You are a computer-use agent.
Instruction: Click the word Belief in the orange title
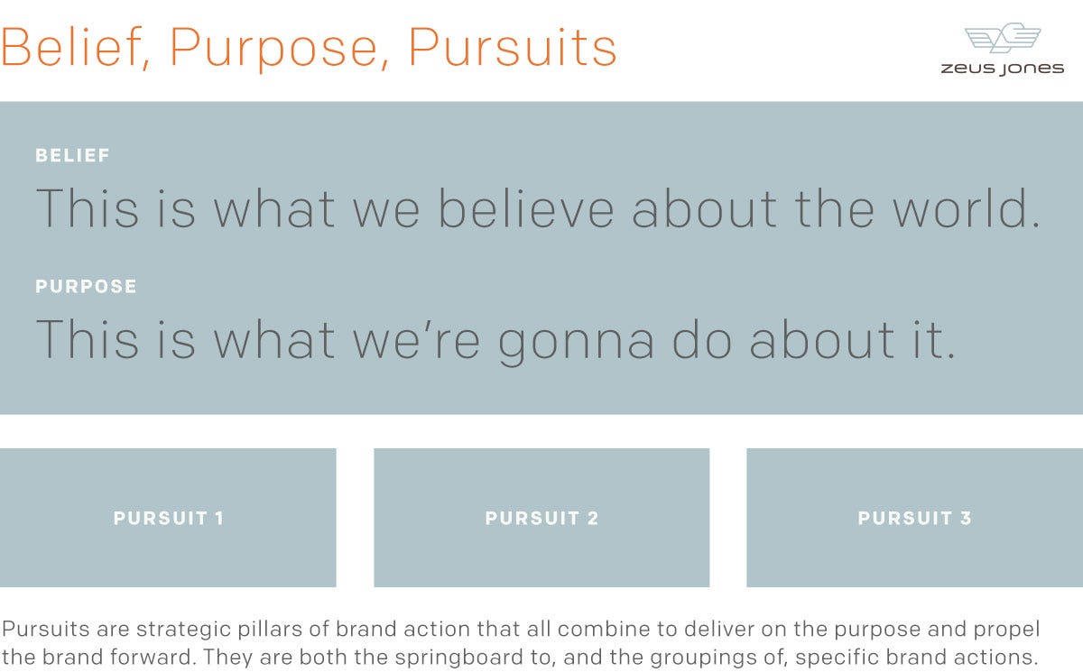(x=71, y=47)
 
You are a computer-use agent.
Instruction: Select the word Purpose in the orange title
(x=273, y=48)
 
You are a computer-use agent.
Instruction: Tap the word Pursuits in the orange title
(x=513, y=47)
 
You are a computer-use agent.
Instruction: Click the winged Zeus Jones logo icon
(x=1003, y=38)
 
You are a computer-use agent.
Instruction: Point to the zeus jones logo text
(x=1003, y=69)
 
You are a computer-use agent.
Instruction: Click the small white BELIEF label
(x=72, y=155)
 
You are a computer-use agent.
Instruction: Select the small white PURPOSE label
(x=86, y=287)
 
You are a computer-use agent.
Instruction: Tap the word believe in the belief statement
(x=525, y=208)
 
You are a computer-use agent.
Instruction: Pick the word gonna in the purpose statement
(x=577, y=341)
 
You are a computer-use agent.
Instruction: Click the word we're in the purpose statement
(x=416, y=340)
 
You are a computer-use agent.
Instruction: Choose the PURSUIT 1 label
(x=168, y=519)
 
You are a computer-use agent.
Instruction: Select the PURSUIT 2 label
(x=541, y=519)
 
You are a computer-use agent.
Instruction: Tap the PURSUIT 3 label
(x=914, y=519)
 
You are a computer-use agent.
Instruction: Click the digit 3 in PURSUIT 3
(x=966, y=519)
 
